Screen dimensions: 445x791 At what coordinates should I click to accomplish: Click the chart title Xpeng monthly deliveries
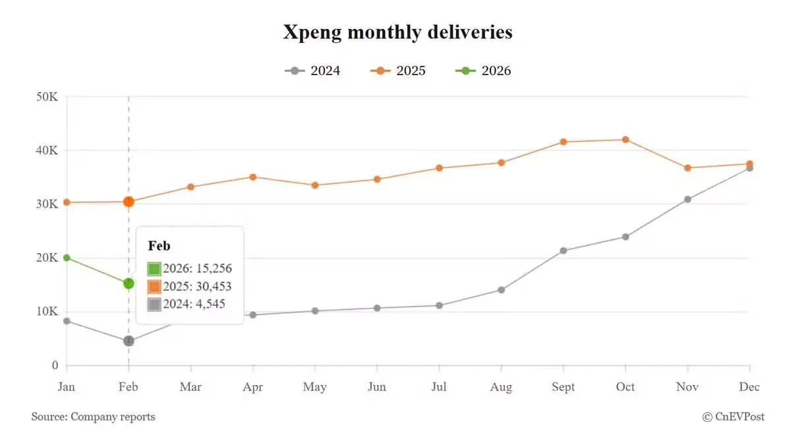click(397, 32)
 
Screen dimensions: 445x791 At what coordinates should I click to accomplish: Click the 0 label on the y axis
click(55, 365)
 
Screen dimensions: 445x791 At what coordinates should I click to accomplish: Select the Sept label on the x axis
click(563, 387)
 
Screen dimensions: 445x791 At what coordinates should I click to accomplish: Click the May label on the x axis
click(314, 387)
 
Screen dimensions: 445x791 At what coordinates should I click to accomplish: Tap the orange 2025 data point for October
click(626, 140)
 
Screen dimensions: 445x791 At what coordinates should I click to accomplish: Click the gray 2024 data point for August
click(501, 289)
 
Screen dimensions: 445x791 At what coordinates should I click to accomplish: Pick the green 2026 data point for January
click(67, 258)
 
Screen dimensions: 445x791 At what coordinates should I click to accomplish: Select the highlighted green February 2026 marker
click(129, 283)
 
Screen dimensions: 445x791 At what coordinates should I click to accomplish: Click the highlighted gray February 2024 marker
click(129, 341)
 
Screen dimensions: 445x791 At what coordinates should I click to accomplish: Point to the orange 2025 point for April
click(252, 177)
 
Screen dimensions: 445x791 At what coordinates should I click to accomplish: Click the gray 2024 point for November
click(688, 199)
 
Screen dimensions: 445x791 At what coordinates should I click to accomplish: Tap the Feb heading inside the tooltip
click(159, 246)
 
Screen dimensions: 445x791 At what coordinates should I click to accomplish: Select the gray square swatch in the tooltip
click(154, 305)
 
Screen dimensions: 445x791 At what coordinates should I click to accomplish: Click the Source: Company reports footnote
click(93, 417)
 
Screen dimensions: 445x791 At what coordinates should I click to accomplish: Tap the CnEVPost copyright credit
click(733, 417)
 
